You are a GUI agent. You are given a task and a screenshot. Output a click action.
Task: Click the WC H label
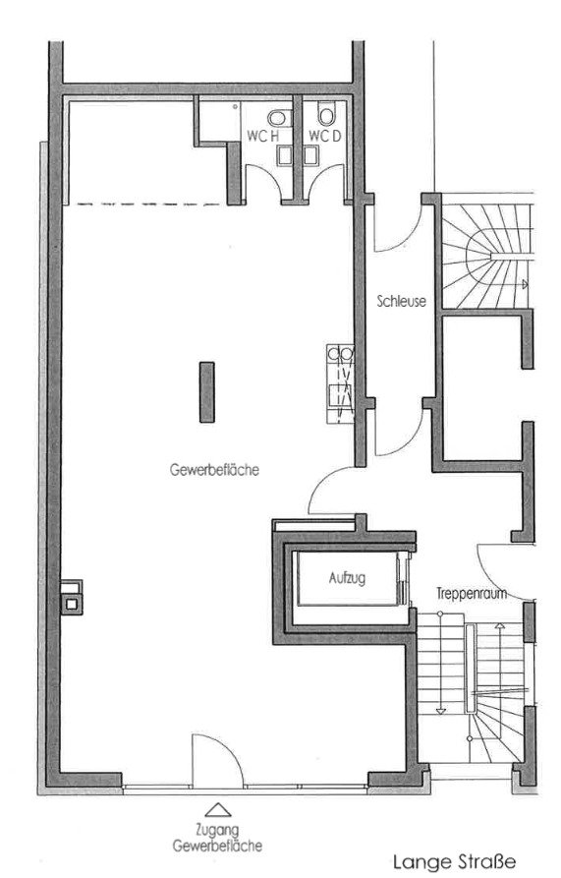point(262,136)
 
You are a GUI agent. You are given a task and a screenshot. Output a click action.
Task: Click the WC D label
point(324,136)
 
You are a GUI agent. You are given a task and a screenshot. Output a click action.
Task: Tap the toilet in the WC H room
point(278,118)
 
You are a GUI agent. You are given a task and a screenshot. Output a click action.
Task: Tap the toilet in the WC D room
point(326,114)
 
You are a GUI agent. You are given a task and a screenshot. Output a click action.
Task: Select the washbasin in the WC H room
point(284,155)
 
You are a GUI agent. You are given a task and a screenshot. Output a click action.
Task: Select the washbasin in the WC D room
point(310,155)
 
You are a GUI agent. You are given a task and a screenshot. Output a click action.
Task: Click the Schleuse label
point(401,301)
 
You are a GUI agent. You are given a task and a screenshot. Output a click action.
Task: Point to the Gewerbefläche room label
point(214,469)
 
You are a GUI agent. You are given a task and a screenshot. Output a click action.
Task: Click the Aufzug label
point(347,577)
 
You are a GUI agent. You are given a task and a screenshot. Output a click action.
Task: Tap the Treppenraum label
point(472,593)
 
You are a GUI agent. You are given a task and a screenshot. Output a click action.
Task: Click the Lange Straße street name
point(454,861)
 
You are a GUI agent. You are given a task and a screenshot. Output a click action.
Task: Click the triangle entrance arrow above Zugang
point(217,810)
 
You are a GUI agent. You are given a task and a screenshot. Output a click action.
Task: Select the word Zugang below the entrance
point(217,830)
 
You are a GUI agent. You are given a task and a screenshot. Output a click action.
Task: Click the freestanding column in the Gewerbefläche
point(207,392)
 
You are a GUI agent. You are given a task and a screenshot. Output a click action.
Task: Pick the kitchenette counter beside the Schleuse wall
point(340,383)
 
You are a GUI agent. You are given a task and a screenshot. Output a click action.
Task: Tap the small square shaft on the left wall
point(72,598)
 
